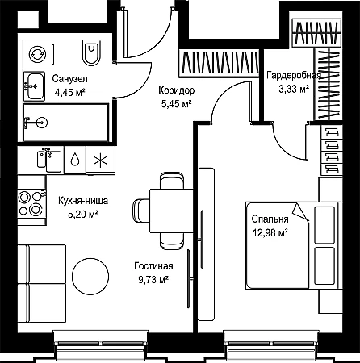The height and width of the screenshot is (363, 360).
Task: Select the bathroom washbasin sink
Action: point(35,86)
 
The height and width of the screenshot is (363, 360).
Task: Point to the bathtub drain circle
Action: point(42,123)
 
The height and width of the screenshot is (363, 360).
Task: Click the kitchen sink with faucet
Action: point(49,161)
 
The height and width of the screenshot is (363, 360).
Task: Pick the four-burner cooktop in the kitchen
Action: point(31,203)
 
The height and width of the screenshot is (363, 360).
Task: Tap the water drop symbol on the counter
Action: point(75,160)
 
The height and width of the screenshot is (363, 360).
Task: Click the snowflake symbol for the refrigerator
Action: point(100,161)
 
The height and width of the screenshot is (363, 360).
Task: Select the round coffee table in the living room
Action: point(90,276)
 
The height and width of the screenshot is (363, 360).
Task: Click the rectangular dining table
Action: point(171,211)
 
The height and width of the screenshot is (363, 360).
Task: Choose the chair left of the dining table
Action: point(141,211)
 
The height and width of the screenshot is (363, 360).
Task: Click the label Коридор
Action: point(176,90)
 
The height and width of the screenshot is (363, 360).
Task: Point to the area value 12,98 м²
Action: point(270,232)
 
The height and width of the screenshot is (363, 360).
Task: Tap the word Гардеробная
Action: point(294,76)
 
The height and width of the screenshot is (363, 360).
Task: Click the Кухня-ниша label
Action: point(83,201)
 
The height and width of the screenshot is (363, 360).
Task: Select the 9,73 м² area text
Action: point(153,280)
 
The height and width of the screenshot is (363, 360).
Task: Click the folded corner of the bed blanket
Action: point(300,212)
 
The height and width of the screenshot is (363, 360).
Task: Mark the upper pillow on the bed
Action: point(324,225)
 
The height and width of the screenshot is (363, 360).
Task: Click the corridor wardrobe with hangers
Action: point(220,63)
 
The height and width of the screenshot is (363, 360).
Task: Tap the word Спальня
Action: point(270,219)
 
